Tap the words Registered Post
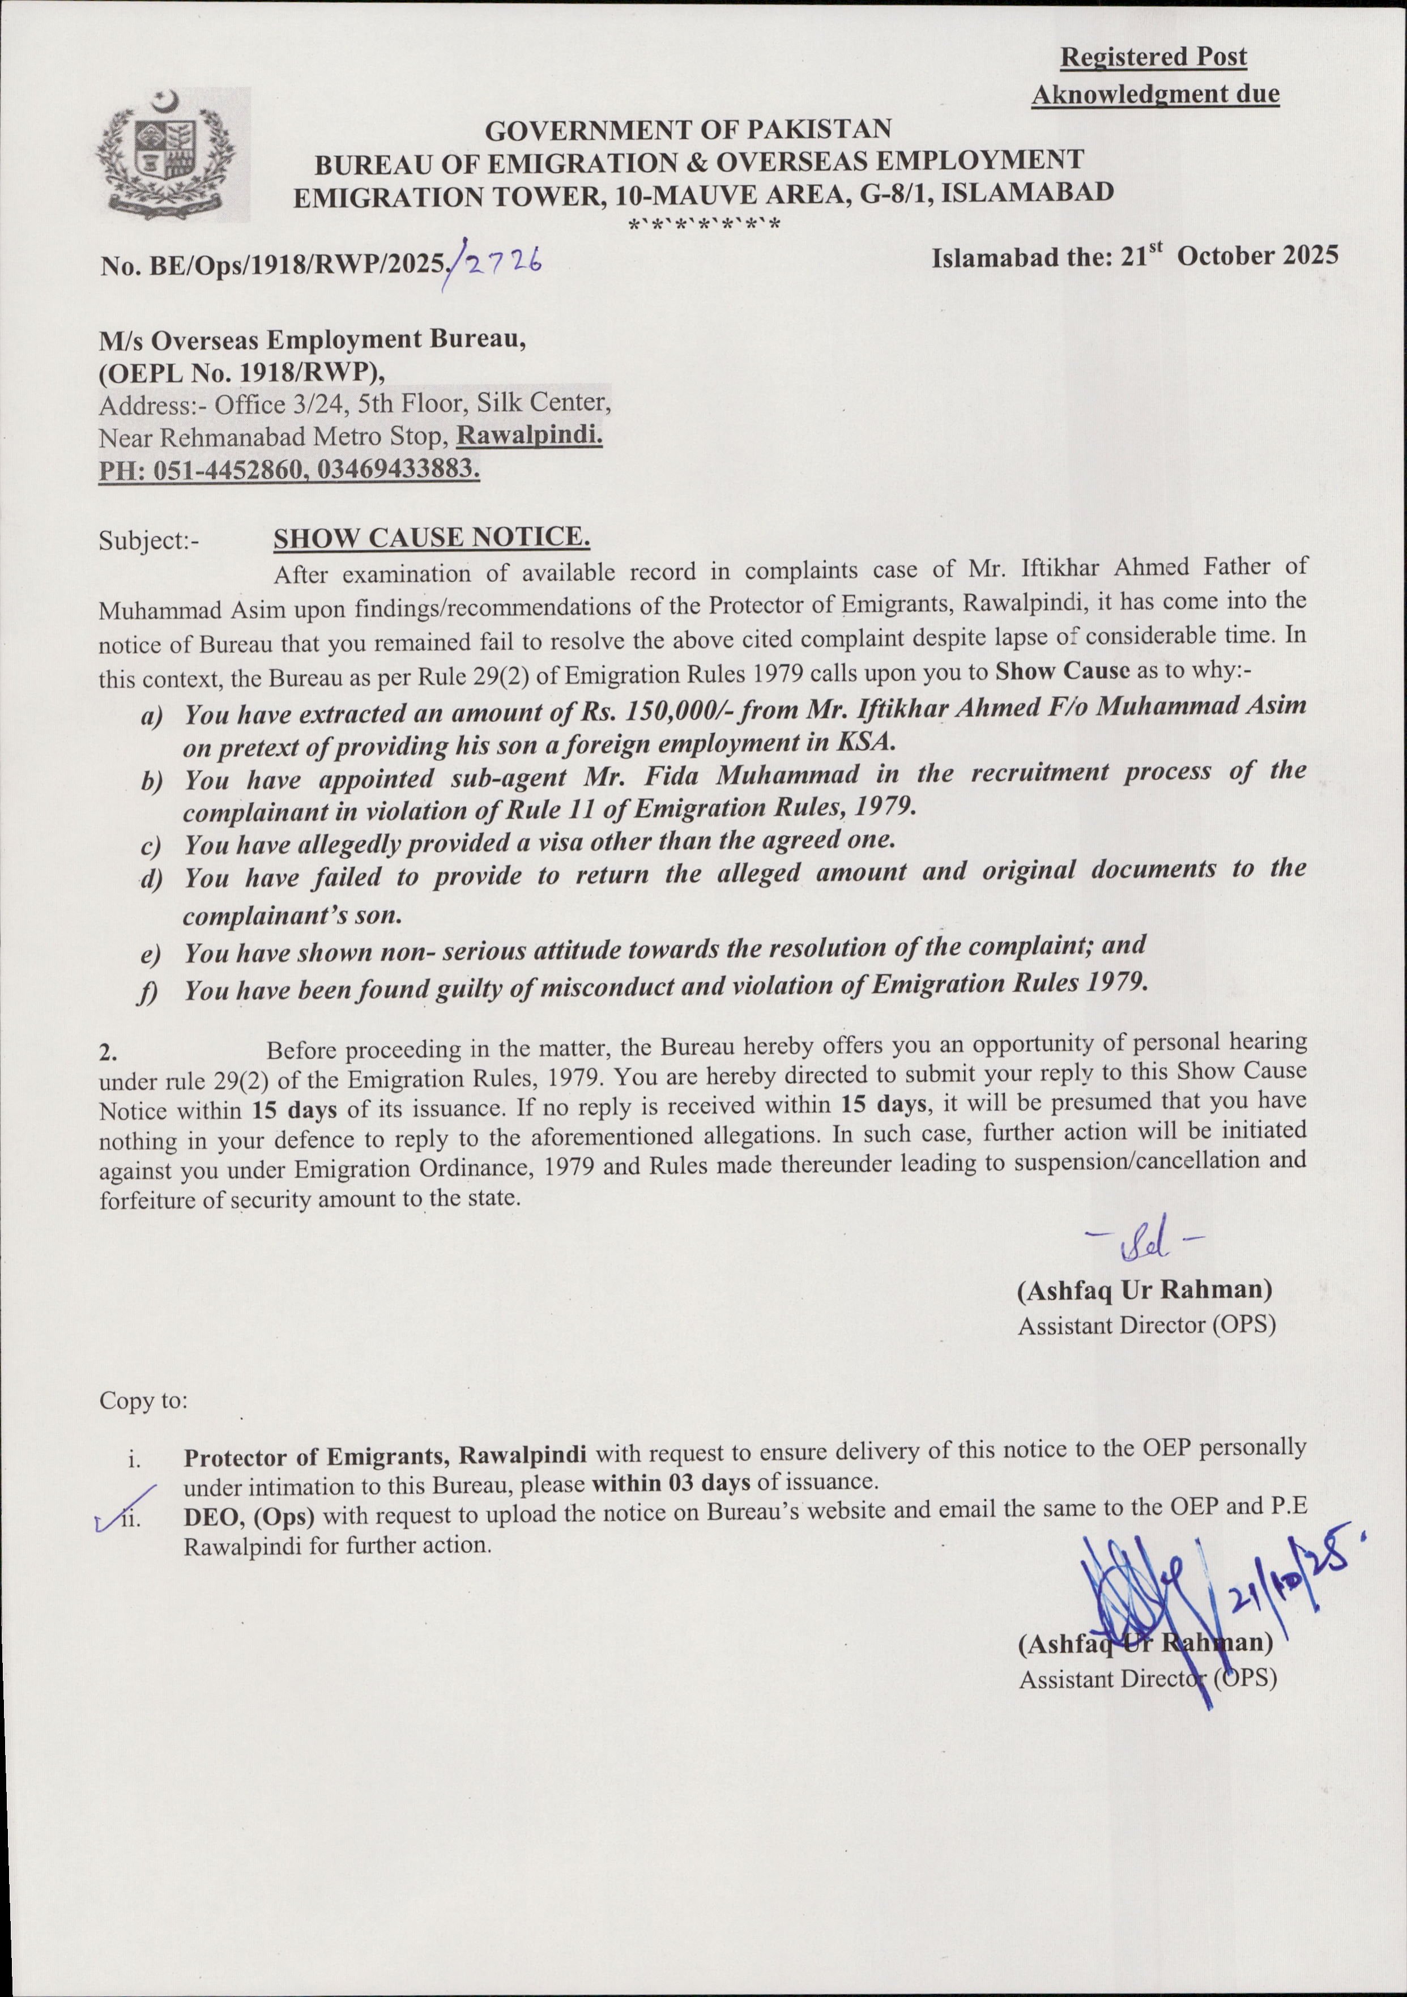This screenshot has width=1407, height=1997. tap(1153, 57)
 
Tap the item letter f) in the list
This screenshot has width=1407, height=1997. tap(149, 993)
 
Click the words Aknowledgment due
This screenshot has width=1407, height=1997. tap(1155, 94)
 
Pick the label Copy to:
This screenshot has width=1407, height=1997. tap(143, 1400)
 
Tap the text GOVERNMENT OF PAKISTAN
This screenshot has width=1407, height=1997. tap(687, 130)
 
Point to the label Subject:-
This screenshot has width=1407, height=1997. tap(149, 541)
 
